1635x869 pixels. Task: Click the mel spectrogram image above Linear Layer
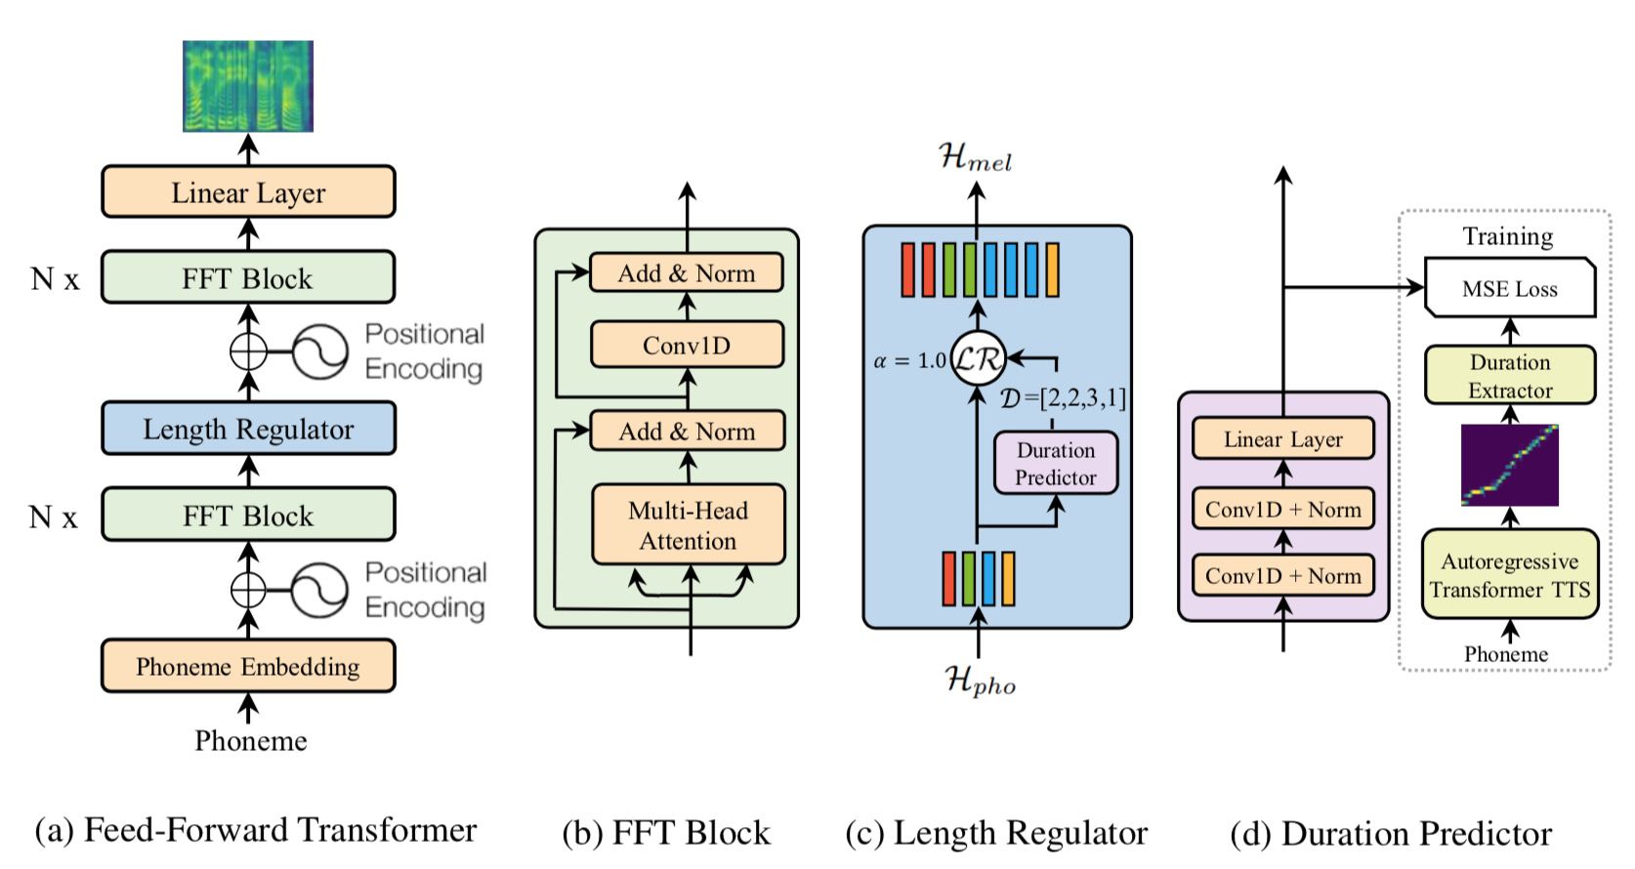[x=248, y=86]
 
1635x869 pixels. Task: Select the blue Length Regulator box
[x=248, y=429]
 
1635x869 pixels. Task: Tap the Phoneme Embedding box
[x=248, y=666]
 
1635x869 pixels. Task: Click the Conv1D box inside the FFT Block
[x=687, y=345]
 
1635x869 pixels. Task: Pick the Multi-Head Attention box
[x=689, y=525]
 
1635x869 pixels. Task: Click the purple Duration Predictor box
[x=1055, y=463]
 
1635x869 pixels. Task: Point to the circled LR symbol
[x=978, y=359]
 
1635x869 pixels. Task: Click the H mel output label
[x=976, y=156]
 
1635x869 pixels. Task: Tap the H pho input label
[x=980, y=680]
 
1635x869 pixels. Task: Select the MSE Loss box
[x=1509, y=288]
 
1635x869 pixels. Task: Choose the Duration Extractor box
[x=1509, y=376]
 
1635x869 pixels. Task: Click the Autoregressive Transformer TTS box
[x=1509, y=575]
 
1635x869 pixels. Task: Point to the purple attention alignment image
[x=1509, y=465]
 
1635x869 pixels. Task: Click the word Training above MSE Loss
[x=1507, y=236]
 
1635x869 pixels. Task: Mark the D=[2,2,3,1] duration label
[x=1063, y=398]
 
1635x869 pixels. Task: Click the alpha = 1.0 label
[x=909, y=361]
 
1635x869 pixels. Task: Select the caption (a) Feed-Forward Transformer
[x=256, y=830]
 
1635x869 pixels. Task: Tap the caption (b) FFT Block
[x=666, y=833]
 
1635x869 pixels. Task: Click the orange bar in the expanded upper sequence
[x=1052, y=269]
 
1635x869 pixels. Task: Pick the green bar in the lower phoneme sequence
[x=968, y=579]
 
